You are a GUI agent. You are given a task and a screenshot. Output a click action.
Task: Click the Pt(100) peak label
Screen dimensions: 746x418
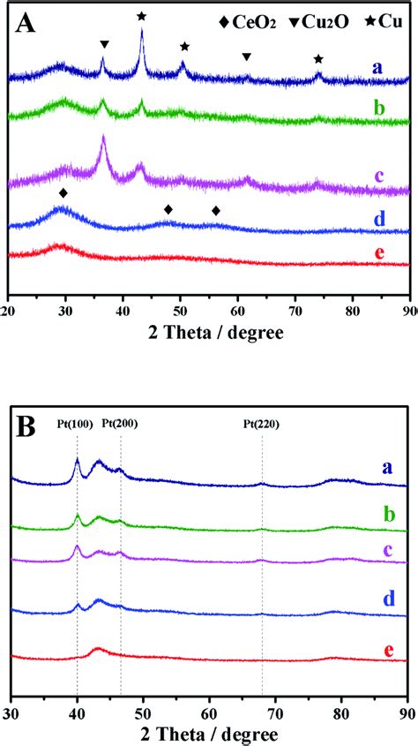(73, 425)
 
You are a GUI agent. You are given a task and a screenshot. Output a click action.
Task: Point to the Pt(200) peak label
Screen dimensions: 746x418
(120, 425)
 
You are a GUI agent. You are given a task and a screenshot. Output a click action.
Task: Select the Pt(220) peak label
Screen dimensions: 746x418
(262, 425)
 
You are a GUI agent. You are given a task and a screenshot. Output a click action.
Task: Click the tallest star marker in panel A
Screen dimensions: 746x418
(142, 16)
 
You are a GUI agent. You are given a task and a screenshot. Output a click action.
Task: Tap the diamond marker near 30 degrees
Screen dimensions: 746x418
(63, 192)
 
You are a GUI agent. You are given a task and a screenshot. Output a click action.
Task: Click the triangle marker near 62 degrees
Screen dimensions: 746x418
(247, 57)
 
